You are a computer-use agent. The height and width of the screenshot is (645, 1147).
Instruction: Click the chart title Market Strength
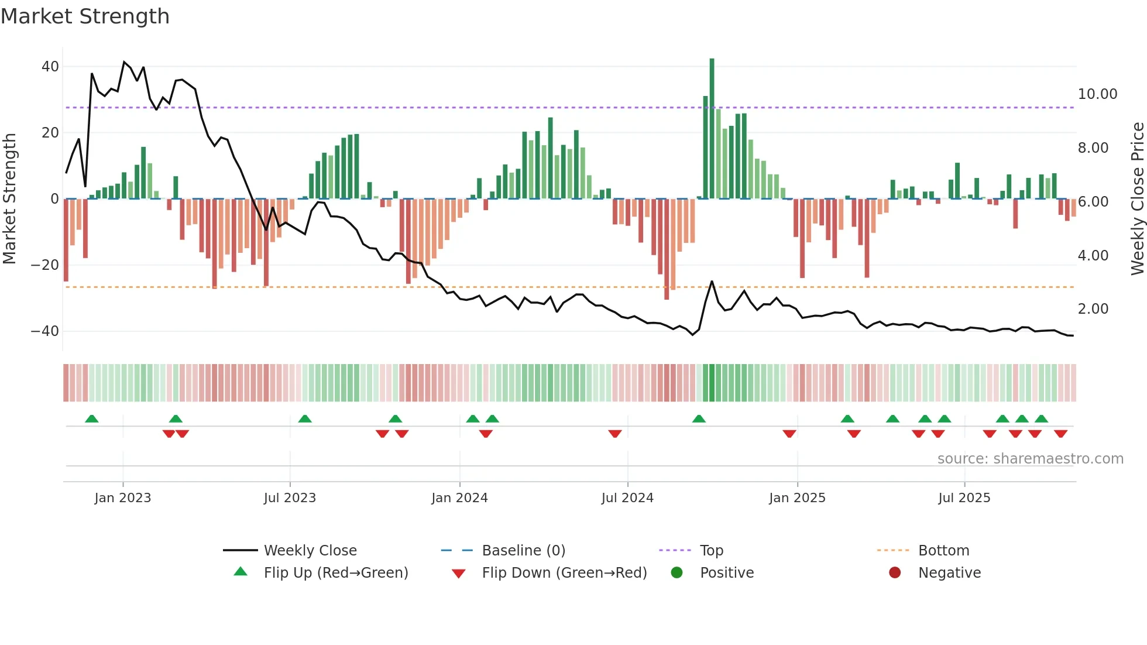85,16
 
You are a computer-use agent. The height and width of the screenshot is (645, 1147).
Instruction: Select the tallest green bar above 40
712,128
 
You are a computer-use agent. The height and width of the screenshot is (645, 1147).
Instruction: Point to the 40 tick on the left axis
50,67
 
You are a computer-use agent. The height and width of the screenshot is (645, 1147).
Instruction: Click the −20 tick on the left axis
45,265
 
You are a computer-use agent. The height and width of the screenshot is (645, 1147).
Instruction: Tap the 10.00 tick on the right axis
1097,94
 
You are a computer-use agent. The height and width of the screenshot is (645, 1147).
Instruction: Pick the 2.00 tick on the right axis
1093,309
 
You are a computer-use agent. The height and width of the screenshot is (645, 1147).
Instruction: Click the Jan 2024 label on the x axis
459,498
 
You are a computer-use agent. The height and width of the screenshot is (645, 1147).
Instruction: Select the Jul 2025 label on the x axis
964,498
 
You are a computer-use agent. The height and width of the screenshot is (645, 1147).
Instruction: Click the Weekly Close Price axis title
1137,198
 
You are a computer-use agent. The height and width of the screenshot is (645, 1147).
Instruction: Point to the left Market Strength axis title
10,198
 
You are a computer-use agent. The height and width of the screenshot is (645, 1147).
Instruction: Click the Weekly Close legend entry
310,551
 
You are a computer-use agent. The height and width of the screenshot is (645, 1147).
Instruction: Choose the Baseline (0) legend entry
523,551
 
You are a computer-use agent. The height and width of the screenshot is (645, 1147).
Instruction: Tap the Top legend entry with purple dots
711,551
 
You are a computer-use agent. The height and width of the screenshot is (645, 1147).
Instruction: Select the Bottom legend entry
943,551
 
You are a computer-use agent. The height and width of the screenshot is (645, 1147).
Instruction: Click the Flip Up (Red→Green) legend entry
335,573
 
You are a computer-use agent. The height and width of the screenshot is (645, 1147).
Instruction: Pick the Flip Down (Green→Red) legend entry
564,573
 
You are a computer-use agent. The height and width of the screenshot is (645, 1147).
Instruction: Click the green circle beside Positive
676,573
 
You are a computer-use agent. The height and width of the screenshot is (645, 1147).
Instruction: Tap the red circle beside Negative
894,573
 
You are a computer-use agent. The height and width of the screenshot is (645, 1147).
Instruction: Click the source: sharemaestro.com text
1030,459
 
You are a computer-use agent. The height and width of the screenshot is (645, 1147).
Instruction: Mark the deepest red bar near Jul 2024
667,249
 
